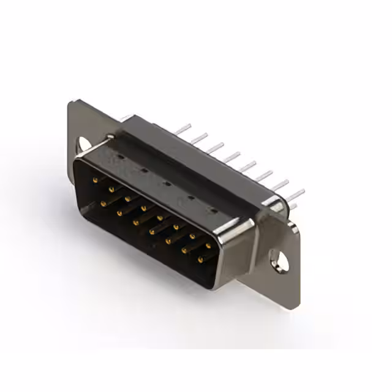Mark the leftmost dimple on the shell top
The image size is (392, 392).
[121, 157]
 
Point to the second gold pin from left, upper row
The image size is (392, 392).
[111, 189]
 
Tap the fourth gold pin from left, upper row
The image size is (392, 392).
[143, 208]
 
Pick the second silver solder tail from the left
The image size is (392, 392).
[198, 138]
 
